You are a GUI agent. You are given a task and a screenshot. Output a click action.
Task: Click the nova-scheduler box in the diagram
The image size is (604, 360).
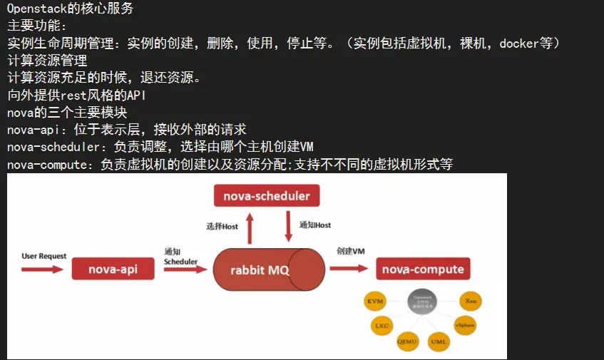[x=267, y=196]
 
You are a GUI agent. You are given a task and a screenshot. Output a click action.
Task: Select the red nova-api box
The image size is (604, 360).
[x=113, y=269]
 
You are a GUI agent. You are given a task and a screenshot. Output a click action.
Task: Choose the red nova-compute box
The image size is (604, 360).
[x=423, y=269]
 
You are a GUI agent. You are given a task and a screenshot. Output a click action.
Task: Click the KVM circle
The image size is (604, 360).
[x=375, y=302]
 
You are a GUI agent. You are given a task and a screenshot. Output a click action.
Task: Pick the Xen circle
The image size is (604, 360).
[x=470, y=302]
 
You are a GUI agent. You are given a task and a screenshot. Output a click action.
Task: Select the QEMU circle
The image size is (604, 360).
[x=408, y=341]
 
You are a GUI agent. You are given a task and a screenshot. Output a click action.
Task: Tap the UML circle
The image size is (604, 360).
[x=439, y=341]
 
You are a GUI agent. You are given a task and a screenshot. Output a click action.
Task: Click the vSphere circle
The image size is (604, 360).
[x=465, y=325]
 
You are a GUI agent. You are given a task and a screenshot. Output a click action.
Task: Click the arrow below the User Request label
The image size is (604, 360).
[x=43, y=269]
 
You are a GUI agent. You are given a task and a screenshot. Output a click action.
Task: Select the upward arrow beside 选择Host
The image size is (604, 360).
[x=249, y=228]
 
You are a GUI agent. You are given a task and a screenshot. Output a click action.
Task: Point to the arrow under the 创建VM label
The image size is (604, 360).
[x=350, y=268]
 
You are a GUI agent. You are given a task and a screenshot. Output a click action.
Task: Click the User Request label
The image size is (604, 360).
[x=44, y=256]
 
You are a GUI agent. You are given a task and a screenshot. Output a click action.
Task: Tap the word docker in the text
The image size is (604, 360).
[x=518, y=43]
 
